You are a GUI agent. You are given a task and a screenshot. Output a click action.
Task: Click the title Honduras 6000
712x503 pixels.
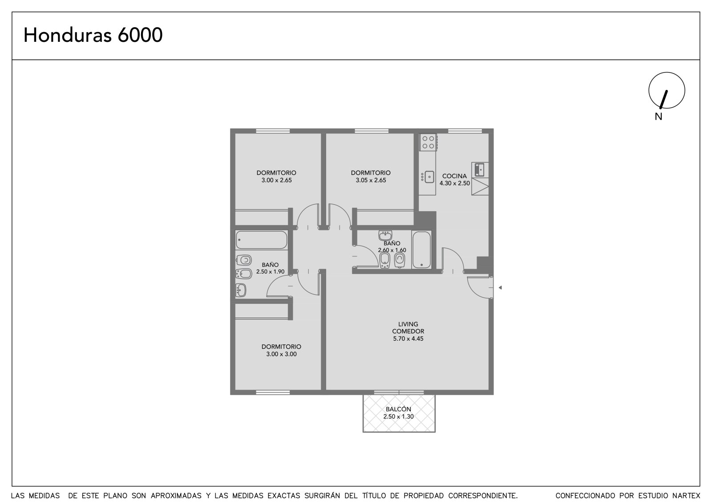tap(93, 35)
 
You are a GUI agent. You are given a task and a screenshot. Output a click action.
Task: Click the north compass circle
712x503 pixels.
tap(667, 72)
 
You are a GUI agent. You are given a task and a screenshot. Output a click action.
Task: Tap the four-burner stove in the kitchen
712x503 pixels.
tap(428, 142)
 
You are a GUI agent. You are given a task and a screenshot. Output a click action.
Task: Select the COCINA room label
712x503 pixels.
tap(454, 176)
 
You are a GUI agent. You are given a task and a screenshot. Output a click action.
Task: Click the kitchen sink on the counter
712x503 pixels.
tap(429, 177)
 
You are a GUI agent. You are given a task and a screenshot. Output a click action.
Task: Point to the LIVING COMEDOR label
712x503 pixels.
tap(408, 328)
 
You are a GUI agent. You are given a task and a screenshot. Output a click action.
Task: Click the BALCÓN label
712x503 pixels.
tap(398, 409)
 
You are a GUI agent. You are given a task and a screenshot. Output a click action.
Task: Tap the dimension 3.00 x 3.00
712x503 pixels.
tap(281, 354)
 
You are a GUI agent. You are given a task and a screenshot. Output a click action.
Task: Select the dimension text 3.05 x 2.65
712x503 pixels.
tap(371, 180)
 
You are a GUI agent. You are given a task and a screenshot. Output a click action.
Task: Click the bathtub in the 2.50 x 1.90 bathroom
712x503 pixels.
tap(261, 240)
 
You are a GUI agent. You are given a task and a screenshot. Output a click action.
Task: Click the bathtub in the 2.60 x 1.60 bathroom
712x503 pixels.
tap(421, 250)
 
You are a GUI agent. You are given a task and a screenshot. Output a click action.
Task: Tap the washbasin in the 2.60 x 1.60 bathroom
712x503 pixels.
tap(385, 236)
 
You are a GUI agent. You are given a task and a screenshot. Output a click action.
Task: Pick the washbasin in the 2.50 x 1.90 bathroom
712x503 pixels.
tap(241, 290)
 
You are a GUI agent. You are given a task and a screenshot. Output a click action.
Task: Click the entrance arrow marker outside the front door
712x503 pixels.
tap(500, 288)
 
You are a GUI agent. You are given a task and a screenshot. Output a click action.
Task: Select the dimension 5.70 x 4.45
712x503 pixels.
tap(408, 339)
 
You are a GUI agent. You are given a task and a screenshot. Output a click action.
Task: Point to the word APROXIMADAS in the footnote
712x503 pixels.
tap(176, 496)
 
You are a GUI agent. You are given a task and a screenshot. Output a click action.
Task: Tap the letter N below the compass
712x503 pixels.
tap(658, 117)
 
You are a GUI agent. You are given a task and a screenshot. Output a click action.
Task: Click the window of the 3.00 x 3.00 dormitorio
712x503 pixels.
tap(273, 392)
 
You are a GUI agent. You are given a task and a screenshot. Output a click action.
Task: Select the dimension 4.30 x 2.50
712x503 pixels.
tap(454, 183)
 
